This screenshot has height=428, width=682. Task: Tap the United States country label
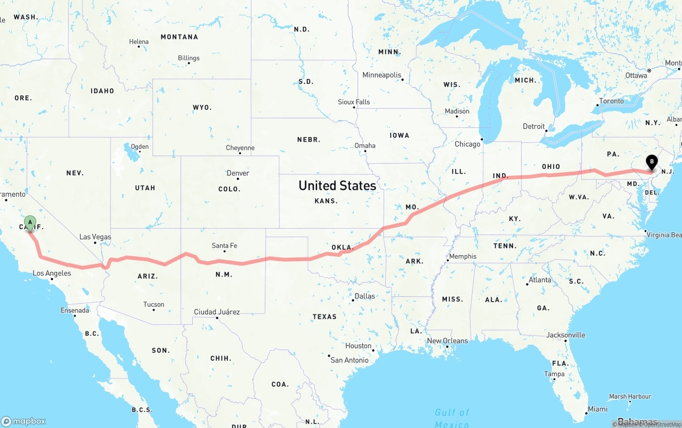(x=337, y=185)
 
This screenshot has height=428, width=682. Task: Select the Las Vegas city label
(x=95, y=237)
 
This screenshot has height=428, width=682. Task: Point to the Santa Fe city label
(x=224, y=246)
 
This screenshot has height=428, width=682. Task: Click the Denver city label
(x=238, y=173)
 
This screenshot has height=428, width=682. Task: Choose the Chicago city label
(x=467, y=144)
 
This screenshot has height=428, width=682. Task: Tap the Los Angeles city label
(x=52, y=273)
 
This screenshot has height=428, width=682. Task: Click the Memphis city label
(x=462, y=256)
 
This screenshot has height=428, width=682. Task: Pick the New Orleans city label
(x=448, y=341)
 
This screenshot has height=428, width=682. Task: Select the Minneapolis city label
(x=382, y=75)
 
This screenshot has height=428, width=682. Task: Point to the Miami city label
(x=597, y=409)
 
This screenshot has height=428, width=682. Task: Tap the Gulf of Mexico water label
(x=452, y=418)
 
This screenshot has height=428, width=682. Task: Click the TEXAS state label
(x=324, y=317)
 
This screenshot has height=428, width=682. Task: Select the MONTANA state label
(x=180, y=37)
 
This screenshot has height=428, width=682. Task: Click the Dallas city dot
(x=353, y=301)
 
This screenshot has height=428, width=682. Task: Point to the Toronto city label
(x=611, y=101)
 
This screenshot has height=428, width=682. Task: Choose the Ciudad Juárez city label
(x=217, y=312)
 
